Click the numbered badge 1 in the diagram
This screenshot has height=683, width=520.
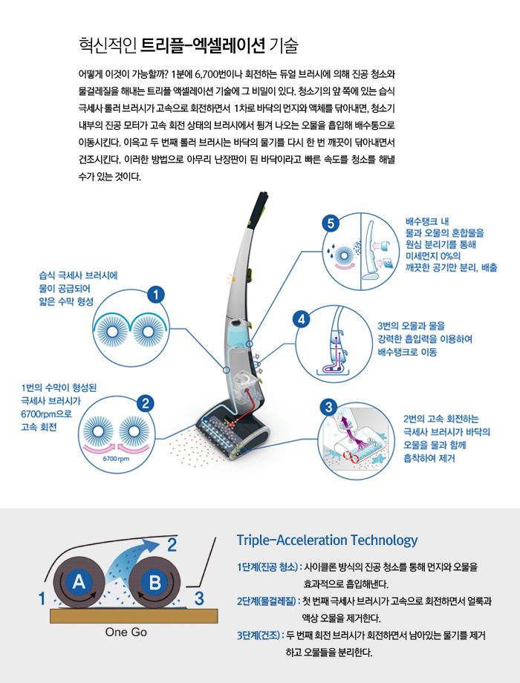[155, 294]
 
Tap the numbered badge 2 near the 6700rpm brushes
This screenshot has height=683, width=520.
[146, 404]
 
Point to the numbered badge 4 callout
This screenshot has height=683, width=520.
[301, 318]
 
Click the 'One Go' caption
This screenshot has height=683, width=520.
[126, 633]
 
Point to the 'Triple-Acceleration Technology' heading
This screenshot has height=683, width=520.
[327, 540]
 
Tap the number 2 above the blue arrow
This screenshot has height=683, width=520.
[172, 546]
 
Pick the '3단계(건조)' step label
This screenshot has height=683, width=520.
[259, 635]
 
